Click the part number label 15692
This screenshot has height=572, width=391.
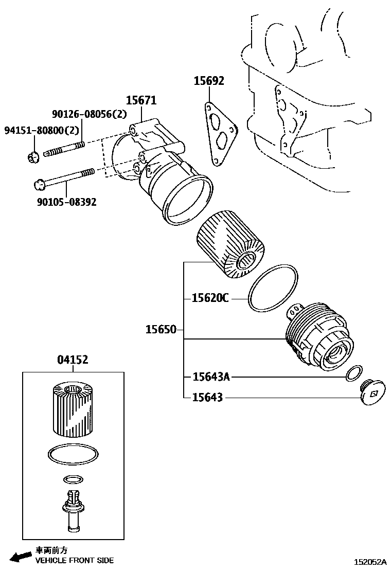click(209, 81)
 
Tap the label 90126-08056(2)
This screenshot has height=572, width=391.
click(89, 115)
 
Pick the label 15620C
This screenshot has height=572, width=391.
click(210, 298)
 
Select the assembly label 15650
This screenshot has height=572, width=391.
click(161, 329)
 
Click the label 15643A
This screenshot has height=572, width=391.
click(210, 377)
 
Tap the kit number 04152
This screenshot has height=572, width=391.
click(72, 360)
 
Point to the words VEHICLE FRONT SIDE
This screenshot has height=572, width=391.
click(75, 560)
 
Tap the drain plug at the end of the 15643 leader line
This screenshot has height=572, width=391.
click(372, 394)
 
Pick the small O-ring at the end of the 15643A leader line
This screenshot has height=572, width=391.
click(353, 373)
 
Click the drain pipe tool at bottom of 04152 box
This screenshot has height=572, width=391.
click(72, 512)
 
